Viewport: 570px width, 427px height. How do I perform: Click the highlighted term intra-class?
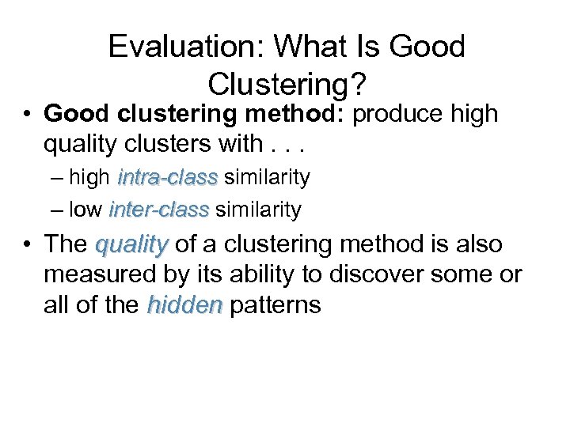[x=167, y=178]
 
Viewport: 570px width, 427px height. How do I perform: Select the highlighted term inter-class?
[x=159, y=210]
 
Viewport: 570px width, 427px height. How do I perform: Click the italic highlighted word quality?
[x=131, y=245]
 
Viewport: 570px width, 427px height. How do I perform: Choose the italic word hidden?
[x=185, y=305]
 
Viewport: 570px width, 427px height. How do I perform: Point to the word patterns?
[x=275, y=305]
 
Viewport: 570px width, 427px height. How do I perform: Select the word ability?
[x=258, y=275]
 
